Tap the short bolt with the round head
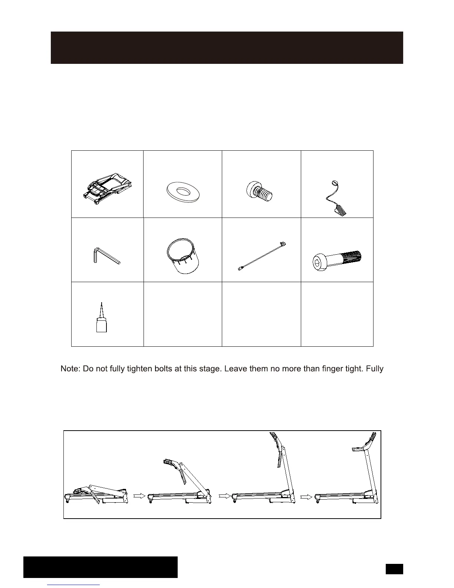[x=260, y=191]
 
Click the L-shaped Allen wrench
[x=106, y=256]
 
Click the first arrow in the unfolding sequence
[x=139, y=496]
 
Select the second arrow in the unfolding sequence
[x=224, y=496]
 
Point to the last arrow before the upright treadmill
[x=306, y=496]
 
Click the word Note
[x=70, y=369]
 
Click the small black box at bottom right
[x=394, y=569]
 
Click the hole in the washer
[x=182, y=190]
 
